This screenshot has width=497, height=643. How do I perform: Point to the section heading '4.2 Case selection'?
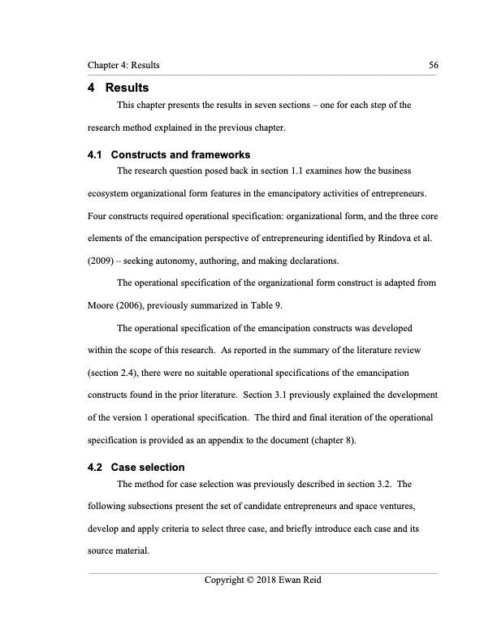(136, 468)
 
